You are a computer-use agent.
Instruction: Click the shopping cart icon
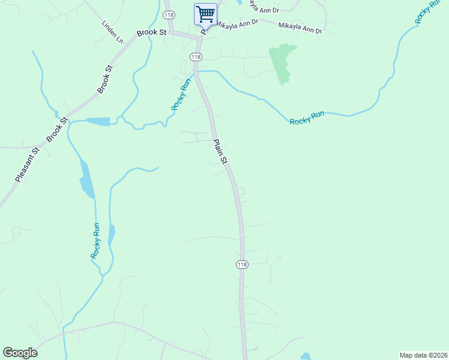pyautogui.click(x=205, y=14)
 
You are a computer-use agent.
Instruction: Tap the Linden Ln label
pyautogui.click(x=112, y=32)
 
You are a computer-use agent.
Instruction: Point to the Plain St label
pyautogui.click(x=220, y=152)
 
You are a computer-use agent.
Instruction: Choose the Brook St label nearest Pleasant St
pyautogui.click(x=55, y=128)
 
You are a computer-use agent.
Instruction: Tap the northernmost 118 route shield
pyautogui.click(x=169, y=14)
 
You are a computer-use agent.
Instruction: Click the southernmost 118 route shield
pyautogui.click(x=242, y=265)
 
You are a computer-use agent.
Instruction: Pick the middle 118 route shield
pyautogui.click(x=195, y=56)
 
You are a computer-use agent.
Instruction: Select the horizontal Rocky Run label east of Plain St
pyautogui.click(x=307, y=118)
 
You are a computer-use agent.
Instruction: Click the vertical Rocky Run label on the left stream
pyautogui.click(x=95, y=241)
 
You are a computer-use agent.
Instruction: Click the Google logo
pyautogui.click(x=20, y=353)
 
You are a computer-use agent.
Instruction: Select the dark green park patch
pyautogui.click(x=280, y=64)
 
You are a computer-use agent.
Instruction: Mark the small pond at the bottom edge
pyautogui.click(x=306, y=356)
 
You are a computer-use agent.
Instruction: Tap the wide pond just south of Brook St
pyautogui.click(x=98, y=122)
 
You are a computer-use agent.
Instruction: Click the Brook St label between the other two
pyautogui.click(x=105, y=78)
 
